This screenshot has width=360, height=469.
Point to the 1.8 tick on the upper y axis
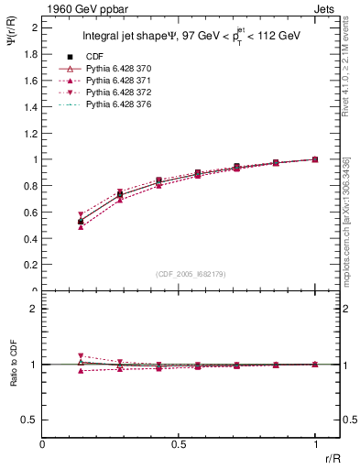31,54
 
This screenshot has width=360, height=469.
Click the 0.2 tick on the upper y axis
31,265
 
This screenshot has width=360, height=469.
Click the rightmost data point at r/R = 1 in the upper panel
315,159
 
